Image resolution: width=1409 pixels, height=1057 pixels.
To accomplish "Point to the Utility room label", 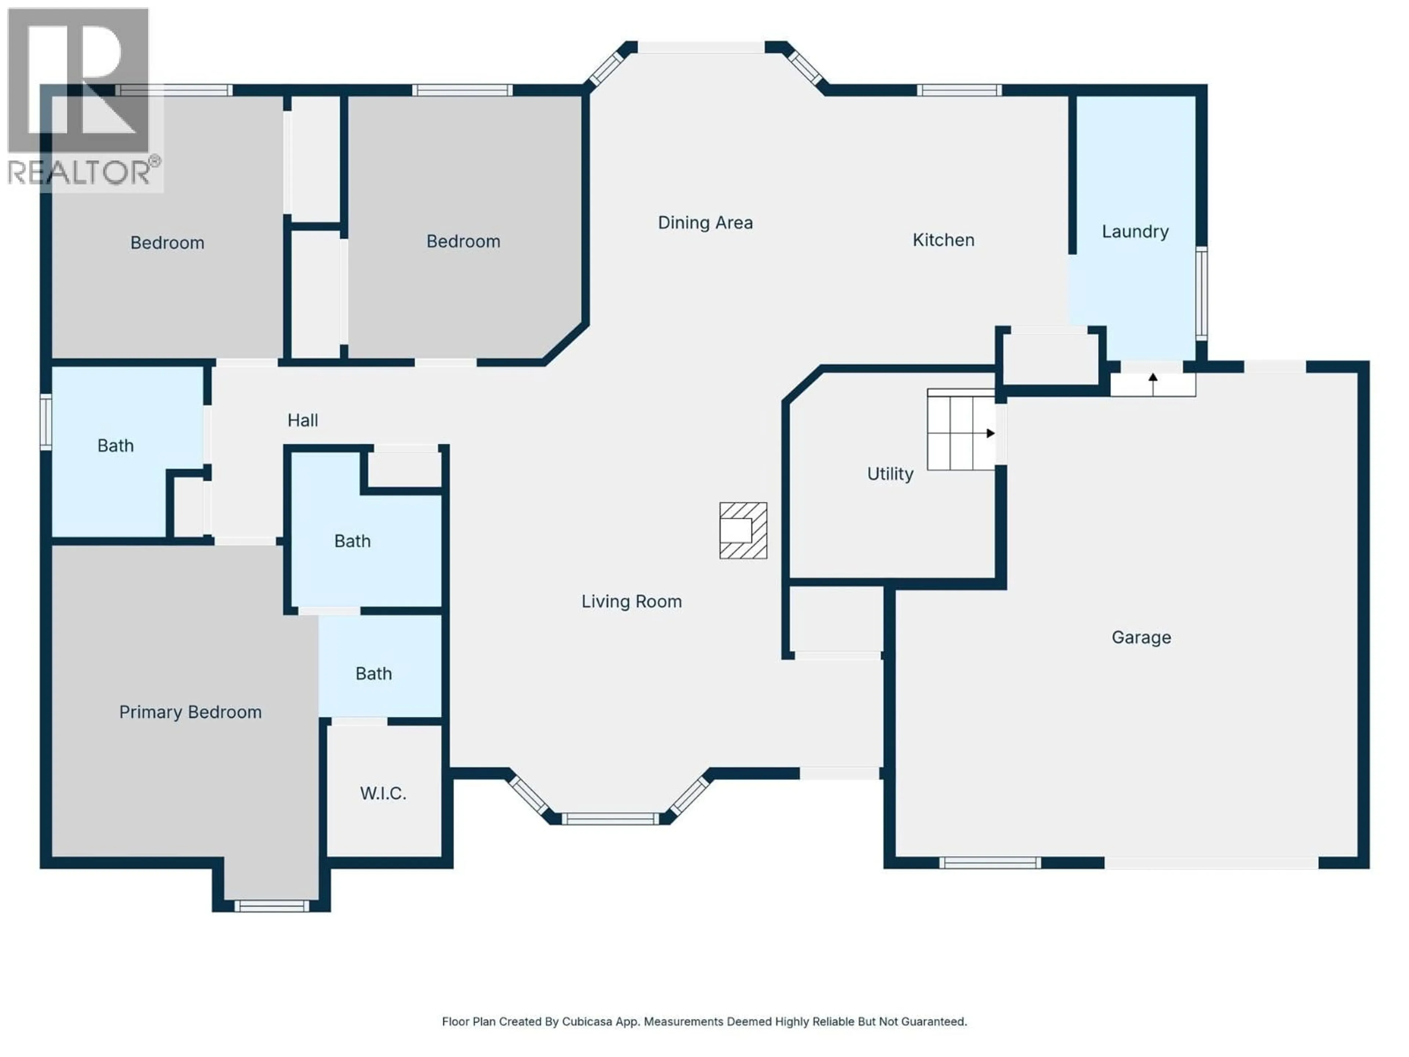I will (x=890, y=473).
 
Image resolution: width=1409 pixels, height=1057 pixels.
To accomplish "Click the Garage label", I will (x=1141, y=637).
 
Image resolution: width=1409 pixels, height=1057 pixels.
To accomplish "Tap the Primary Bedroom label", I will (x=190, y=712).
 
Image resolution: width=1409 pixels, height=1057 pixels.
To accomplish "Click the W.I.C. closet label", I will (x=382, y=793).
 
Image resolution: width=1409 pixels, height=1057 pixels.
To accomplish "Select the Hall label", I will (x=303, y=420).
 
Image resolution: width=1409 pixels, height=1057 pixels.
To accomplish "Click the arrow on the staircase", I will (x=990, y=433).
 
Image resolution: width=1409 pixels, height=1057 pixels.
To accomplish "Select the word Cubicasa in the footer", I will (x=587, y=1021).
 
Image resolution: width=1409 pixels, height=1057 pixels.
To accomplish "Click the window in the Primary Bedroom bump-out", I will (x=272, y=905).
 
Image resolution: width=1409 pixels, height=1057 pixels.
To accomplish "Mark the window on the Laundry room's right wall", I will (x=1201, y=293).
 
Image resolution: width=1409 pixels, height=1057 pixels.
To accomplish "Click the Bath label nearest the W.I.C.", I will (x=373, y=673).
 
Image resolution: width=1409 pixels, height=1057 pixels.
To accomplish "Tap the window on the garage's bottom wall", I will (x=989, y=863).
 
